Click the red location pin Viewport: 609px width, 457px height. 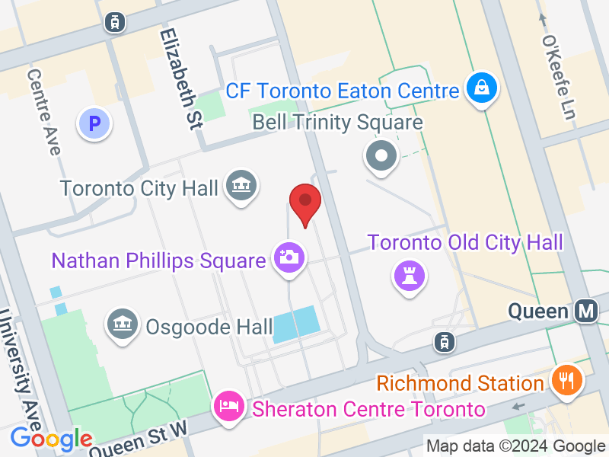pyautogui.click(x=305, y=202)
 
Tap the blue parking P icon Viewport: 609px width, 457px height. pyautogui.click(x=95, y=123)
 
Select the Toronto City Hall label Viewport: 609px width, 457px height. pyautogui.click(x=139, y=187)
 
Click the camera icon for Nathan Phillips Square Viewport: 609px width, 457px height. pyautogui.click(x=289, y=257)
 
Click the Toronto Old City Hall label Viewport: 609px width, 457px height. pyautogui.click(x=465, y=243)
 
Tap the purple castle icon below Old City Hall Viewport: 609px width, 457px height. pyautogui.click(x=408, y=276)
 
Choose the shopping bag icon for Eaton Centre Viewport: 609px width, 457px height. pyautogui.click(x=482, y=88)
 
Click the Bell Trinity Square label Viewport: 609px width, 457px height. pyautogui.click(x=337, y=122)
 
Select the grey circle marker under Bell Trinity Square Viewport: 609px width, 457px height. pyautogui.click(x=381, y=157)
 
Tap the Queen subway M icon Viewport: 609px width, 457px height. pyautogui.click(x=586, y=311)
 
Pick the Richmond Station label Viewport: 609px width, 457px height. pyautogui.click(x=460, y=382)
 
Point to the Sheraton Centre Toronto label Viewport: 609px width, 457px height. pyautogui.click(x=368, y=409)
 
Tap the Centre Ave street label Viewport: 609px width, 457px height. pyautogui.click(x=44, y=112)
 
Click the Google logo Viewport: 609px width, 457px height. pyautogui.click(x=50, y=439)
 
